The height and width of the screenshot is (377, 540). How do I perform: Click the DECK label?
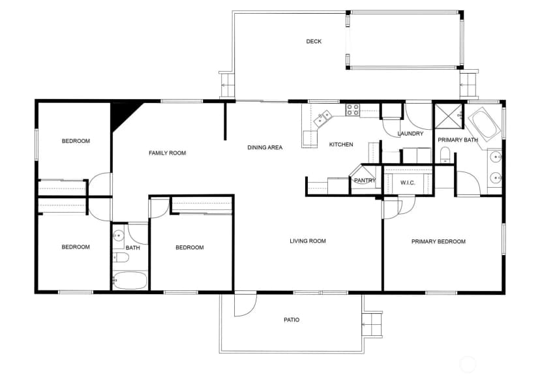point(314,41)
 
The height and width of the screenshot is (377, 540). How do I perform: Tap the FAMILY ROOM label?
point(168,153)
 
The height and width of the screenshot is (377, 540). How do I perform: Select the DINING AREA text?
point(265,147)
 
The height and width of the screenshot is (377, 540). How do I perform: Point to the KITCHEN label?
point(341,144)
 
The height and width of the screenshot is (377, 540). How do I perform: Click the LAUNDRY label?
point(410,133)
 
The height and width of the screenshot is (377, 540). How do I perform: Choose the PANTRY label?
point(365,180)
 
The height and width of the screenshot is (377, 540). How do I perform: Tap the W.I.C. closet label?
point(408,183)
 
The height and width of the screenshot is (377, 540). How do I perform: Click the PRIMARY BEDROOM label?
point(438,241)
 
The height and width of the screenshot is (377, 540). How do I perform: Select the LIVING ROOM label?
point(308,241)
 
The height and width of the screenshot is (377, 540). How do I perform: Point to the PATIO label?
point(292,320)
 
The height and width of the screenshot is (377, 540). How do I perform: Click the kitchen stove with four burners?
point(352,110)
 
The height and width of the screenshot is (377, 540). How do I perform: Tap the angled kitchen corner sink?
point(323,119)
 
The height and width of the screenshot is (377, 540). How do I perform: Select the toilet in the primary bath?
point(445,155)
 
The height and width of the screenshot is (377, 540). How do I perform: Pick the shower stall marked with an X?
point(449,116)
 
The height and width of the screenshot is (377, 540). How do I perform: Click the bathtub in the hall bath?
point(130,280)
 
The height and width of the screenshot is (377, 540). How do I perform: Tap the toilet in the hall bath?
point(120,257)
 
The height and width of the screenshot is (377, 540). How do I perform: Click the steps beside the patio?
point(372,324)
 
